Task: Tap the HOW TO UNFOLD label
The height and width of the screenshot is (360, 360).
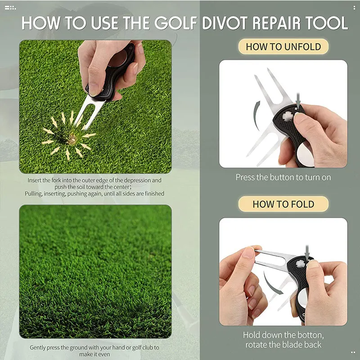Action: coord(283,47)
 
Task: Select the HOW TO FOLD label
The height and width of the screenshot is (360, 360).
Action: coord(283,204)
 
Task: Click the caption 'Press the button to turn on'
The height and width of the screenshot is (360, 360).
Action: coord(283,177)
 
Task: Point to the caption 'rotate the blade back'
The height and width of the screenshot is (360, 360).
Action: coord(283,345)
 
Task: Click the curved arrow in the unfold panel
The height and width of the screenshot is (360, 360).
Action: coord(257,115)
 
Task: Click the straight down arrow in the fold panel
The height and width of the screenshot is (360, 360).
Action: coord(307,252)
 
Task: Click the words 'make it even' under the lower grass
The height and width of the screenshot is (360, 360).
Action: coord(94,354)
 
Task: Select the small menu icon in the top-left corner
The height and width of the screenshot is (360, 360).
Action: coord(10,8)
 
